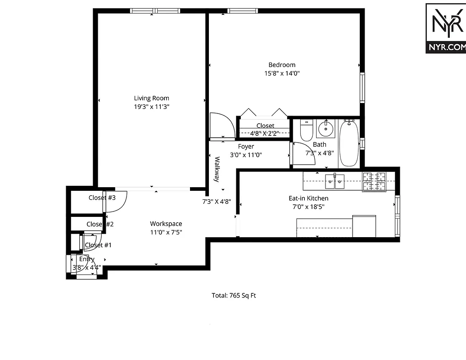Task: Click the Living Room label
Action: [x=151, y=98]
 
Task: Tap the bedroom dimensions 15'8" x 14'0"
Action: [x=282, y=73]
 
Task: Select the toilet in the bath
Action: [x=307, y=130]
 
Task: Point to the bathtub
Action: [x=349, y=143]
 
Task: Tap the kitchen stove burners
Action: [x=375, y=181]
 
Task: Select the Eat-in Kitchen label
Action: [x=308, y=198]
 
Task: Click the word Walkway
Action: [x=217, y=169]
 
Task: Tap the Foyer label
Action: [x=246, y=146]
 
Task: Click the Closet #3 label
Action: [x=102, y=198]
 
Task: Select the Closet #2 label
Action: [x=100, y=224]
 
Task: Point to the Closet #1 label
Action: [x=98, y=245]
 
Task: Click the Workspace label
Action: [x=166, y=224]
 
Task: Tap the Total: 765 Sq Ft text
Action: [x=234, y=296]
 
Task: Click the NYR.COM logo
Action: [x=445, y=28]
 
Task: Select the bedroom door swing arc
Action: [x=222, y=126]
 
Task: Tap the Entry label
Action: [x=87, y=259]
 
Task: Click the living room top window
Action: [x=155, y=11]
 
